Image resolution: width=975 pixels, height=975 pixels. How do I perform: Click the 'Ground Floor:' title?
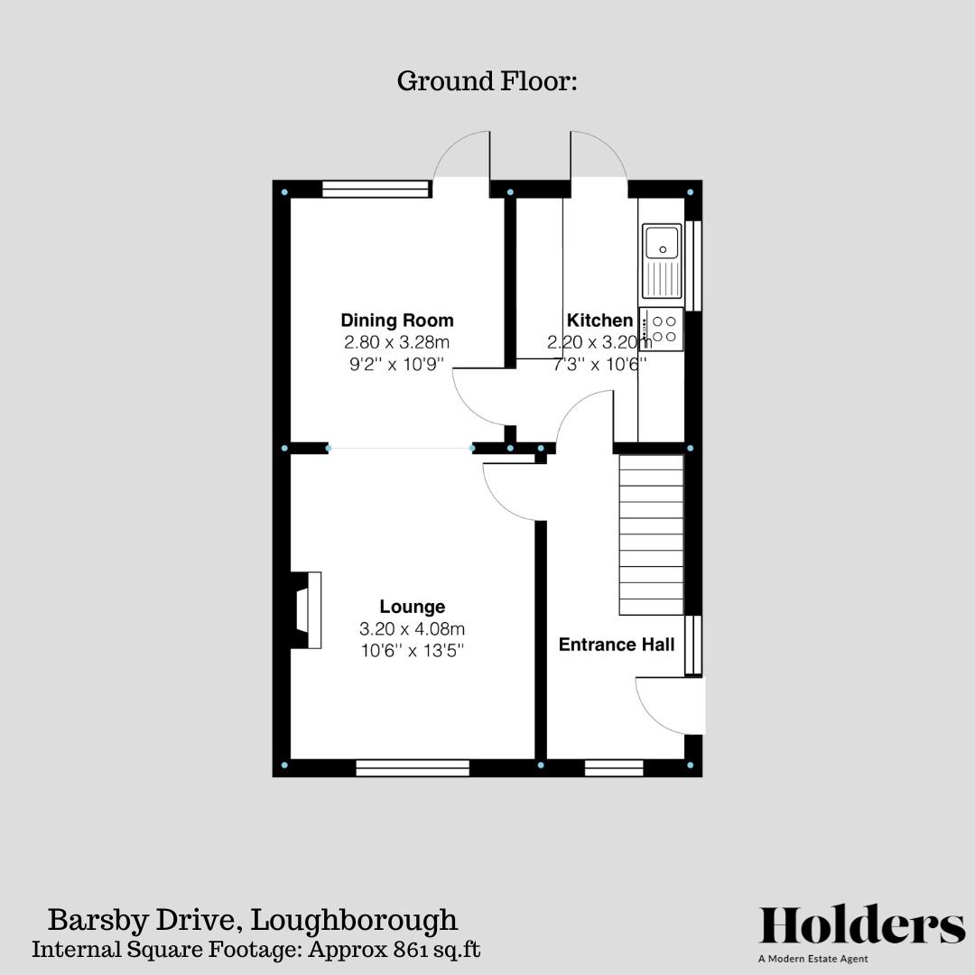[487, 81]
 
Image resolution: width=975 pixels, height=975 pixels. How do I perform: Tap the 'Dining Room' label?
[396, 320]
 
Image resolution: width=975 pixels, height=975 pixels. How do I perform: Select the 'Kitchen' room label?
[599, 320]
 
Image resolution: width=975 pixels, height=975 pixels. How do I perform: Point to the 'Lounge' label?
[412, 607]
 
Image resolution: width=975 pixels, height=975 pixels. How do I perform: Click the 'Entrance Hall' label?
[616, 645]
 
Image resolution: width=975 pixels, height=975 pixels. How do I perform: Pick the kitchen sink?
[663, 260]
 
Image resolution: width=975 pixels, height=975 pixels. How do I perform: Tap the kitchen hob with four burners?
[663, 329]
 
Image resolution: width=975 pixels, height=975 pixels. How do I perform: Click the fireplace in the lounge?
[305, 610]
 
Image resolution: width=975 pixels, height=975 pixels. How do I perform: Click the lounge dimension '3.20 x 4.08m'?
[412, 628]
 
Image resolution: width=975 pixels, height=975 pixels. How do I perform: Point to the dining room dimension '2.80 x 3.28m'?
[396, 343]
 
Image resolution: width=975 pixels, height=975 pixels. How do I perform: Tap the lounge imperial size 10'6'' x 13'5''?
[412, 649]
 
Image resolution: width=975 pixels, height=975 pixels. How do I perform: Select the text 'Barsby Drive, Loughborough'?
[252, 921]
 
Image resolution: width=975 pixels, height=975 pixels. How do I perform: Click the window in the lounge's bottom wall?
[413, 768]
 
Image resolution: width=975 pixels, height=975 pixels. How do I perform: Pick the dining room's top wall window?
[376, 189]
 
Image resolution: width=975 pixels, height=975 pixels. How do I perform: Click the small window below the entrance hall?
[614, 768]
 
